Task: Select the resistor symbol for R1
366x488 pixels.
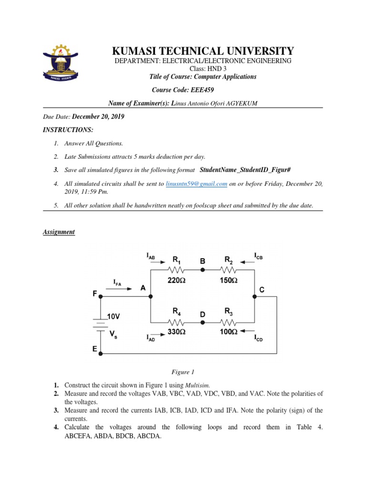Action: (x=176, y=270)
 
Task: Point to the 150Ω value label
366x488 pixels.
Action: (x=227, y=281)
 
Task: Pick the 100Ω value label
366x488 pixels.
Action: (x=227, y=331)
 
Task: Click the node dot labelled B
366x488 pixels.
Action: (x=202, y=270)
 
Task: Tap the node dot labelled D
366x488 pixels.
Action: (x=202, y=322)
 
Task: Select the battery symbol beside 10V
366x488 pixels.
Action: (x=101, y=324)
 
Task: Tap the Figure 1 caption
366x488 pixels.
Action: (x=183, y=372)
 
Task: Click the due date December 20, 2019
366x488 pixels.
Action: (x=99, y=117)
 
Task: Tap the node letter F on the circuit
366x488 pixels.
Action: (x=95, y=294)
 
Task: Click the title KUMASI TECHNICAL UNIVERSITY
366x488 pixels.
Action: (x=203, y=51)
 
